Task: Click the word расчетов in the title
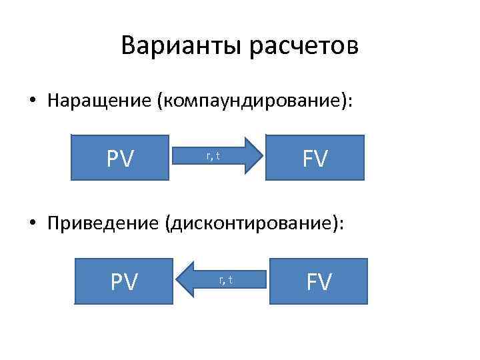304,47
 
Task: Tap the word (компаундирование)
254,101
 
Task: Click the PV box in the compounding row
121,158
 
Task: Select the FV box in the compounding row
315,158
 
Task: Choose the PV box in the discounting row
124,281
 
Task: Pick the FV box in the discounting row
319,281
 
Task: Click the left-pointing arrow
223,280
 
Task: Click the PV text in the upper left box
121,158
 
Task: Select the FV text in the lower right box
319,281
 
